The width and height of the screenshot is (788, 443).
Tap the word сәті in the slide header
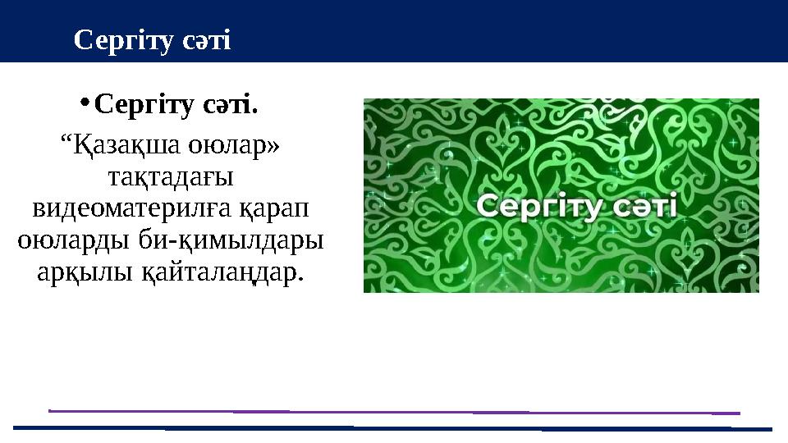[205, 39]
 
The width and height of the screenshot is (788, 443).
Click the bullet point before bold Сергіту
[85, 103]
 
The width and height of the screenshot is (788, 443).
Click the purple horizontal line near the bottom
[394, 410]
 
